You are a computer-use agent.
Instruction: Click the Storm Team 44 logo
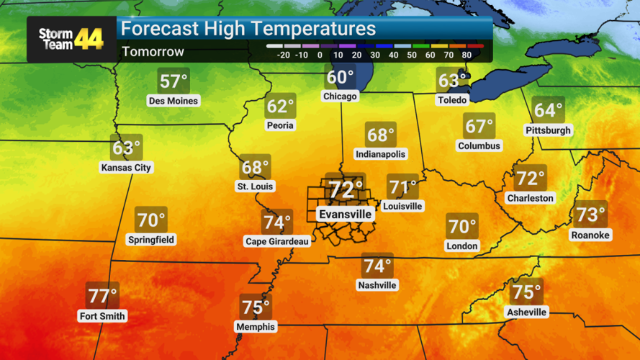pos(71,39)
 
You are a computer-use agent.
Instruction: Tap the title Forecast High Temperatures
pos(248,29)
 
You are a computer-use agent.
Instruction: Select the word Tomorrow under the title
pos(153,52)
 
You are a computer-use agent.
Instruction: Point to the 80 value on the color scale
pos(467,55)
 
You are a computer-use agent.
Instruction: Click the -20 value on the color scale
pos(282,55)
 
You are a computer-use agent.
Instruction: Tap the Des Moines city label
pos(173,101)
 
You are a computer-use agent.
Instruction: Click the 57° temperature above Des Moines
pos(173,81)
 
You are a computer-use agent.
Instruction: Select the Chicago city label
pos(340,96)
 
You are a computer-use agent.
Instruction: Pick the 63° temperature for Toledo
pos(452,81)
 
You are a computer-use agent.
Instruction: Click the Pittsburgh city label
pos(548,130)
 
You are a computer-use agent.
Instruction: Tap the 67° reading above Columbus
pos(479,127)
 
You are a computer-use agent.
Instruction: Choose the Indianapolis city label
pos(380,154)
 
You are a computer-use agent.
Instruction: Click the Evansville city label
pos(345,214)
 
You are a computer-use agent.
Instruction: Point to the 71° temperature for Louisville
pos(402,188)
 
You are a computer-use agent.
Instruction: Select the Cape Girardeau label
pos(277,242)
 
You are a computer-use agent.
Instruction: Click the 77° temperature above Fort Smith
pos(102,296)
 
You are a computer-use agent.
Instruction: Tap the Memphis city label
pos(255,327)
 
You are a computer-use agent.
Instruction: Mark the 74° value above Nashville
pos(377,266)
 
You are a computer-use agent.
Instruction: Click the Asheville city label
pos(526,312)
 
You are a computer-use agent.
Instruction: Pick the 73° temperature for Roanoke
pos(590,215)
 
